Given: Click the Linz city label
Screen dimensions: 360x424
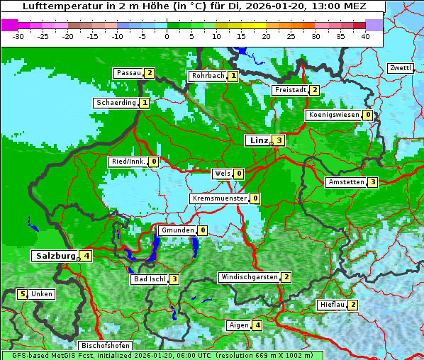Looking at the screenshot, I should [x=258, y=140].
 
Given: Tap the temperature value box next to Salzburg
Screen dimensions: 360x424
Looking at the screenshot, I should [x=86, y=256].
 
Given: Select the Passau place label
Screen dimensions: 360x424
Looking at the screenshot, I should [x=128, y=73].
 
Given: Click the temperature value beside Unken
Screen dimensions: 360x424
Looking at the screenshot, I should [x=22, y=294].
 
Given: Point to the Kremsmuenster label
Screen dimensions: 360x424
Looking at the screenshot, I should [x=219, y=198].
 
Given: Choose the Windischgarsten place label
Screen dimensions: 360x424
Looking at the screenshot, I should [x=248, y=277].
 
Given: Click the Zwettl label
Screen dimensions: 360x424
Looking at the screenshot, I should [x=400, y=68].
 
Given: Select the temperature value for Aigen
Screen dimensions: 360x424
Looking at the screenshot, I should [x=257, y=325].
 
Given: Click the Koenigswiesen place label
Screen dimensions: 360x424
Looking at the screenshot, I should [x=333, y=115].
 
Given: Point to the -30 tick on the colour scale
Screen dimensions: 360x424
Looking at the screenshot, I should [x=18, y=36].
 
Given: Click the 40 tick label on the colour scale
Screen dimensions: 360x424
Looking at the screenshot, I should [x=365, y=36].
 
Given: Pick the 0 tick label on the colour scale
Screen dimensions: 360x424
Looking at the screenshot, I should [x=167, y=36].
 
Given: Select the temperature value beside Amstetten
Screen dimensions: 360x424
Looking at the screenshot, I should [x=373, y=182].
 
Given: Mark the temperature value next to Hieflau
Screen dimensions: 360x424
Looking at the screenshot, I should [x=352, y=305].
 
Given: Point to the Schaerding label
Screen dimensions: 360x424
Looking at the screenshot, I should [x=116, y=103].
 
